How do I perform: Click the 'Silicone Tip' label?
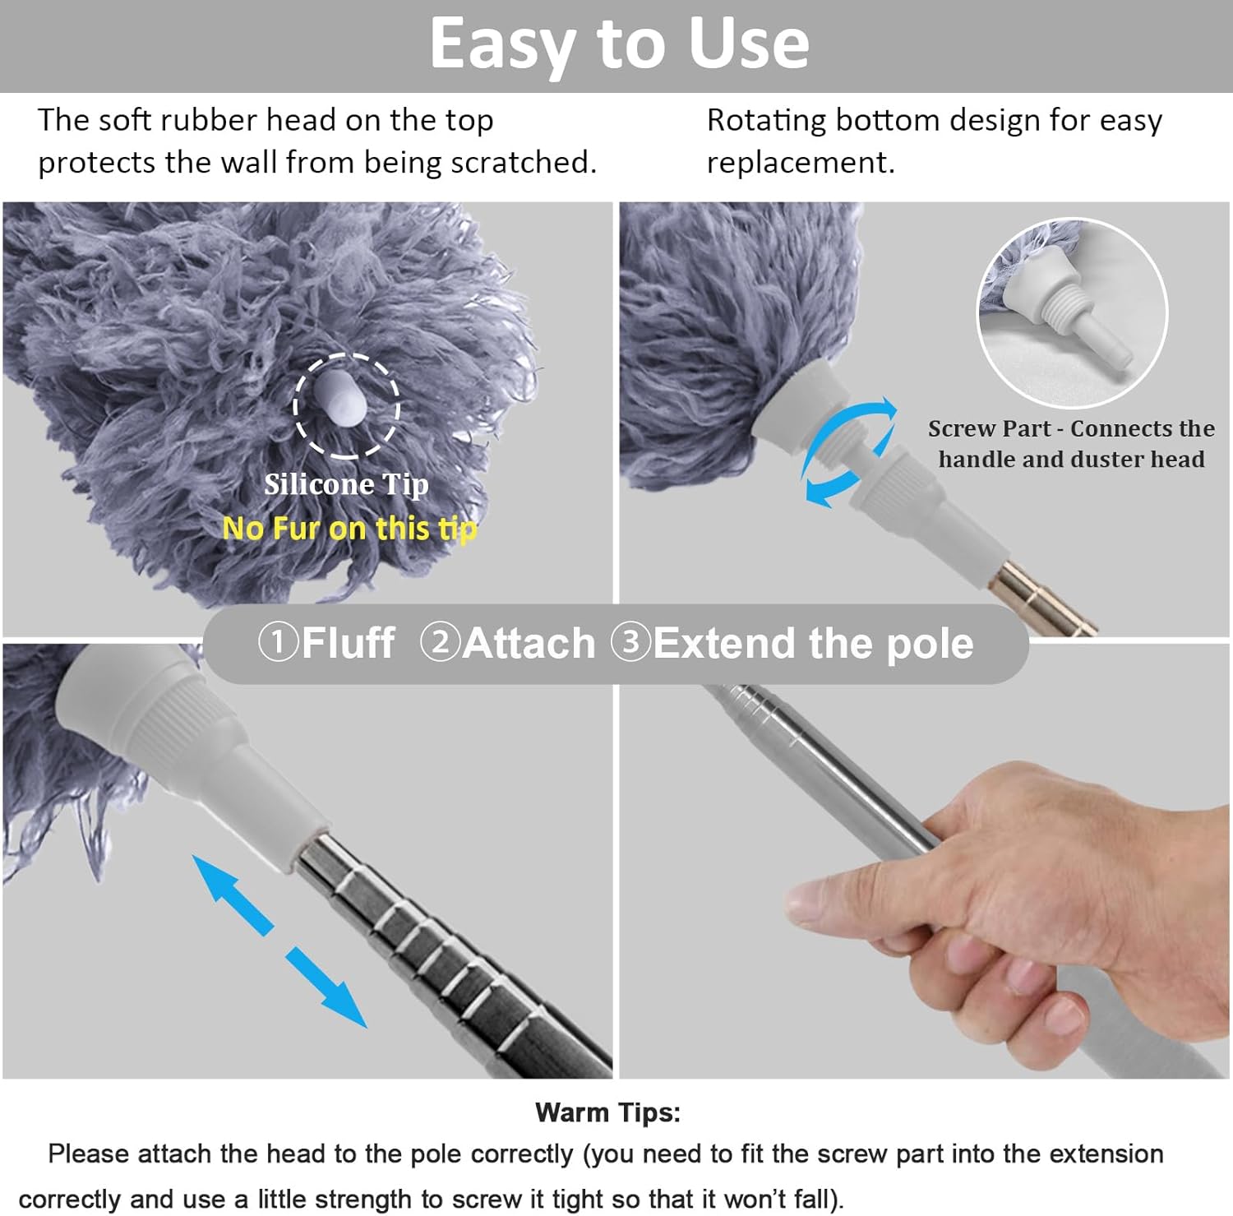346,484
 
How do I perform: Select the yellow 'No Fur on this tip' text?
349,528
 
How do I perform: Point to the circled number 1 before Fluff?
278,642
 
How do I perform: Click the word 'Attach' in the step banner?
529,643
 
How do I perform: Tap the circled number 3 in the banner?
630,642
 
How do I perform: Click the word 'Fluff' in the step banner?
349,643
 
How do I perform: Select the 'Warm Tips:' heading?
607,1112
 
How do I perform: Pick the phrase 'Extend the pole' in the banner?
813,643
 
